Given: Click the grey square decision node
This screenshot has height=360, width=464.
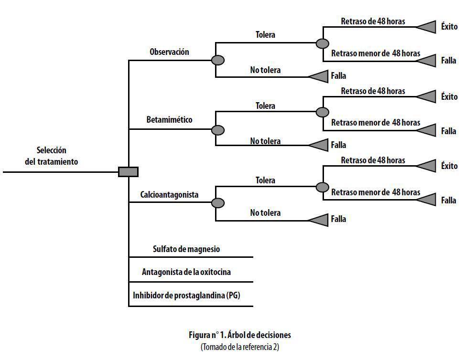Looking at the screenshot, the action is pyautogui.click(x=128, y=172).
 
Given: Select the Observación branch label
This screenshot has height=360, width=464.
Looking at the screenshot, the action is pyautogui.click(x=169, y=52).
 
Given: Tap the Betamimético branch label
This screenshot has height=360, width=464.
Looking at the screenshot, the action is pyautogui.click(x=169, y=120).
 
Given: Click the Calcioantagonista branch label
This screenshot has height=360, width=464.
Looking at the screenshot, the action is pyautogui.click(x=169, y=195).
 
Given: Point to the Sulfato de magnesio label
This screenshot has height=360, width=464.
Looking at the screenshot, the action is pyautogui.click(x=186, y=249).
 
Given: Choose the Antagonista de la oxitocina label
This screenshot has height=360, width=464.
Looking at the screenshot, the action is pyautogui.click(x=186, y=272).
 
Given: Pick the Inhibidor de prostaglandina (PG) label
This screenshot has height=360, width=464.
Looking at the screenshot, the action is pyautogui.click(x=186, y=295).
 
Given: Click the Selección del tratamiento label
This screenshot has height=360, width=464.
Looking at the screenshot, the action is pyautogui.click(x=52, y=156).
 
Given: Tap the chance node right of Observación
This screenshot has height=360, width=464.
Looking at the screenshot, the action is pyautogui.click(x=218, y=60).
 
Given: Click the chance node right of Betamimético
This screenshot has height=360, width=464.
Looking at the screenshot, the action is pyautogui.click(x=218, y=130).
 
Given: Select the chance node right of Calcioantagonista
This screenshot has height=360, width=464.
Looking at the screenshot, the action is pyautogui.click(x=218, y=203).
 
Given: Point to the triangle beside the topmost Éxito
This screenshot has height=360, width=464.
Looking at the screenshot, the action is pyautogui.click(x=426, y=27).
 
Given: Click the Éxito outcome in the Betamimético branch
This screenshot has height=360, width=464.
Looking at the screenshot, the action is pyautogui.click(x=449, y=96).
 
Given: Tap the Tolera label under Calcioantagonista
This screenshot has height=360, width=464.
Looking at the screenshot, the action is pyautogui.click(x=265, y=180).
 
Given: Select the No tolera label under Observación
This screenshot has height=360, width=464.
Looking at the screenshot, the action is pyautogui.click(x=265, y=70).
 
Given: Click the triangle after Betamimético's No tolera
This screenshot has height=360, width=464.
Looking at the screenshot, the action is pyautogui.click(x=318, y=145).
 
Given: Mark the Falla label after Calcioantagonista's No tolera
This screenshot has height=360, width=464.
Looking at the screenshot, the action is pyautogui.click(x=338, y=219).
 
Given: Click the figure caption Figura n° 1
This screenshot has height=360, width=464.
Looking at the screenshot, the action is pyautogui.click(x=240, y=335).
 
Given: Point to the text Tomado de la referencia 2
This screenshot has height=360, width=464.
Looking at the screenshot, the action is pyautogui.click(x=240, y=347).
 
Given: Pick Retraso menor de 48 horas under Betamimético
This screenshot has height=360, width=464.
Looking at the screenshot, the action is pyautogui.click(x=376, y=123).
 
